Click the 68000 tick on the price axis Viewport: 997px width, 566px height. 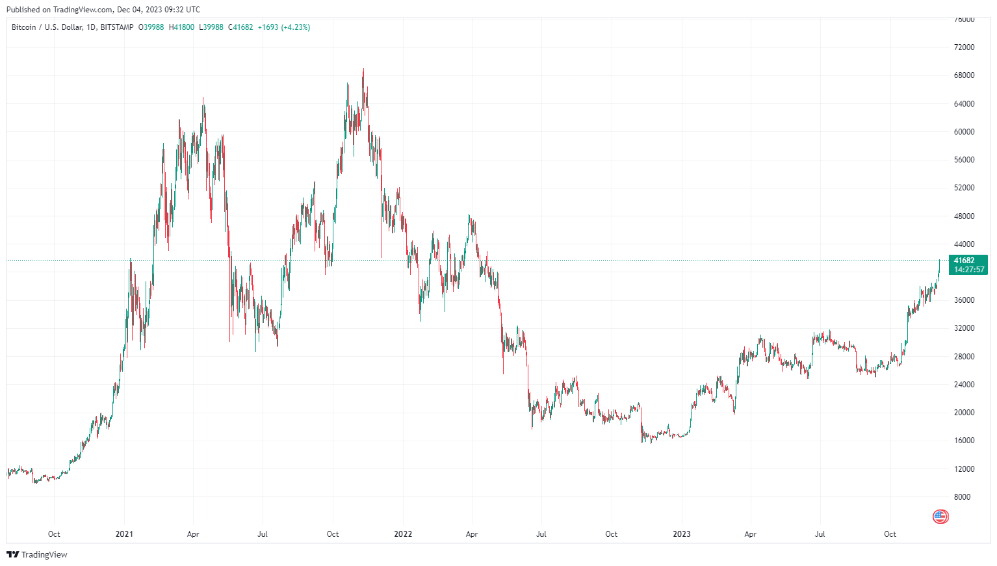pyautogui.click(x=964, y=75)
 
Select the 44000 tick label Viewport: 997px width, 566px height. pyautogui.click(x=964, y=244)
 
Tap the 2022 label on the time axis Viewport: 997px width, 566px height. pyautogui.click(x=403, y=534)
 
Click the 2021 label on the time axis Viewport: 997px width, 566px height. pyautogui.click(x=124, y=534)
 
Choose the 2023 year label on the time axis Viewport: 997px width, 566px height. pyautogui.click(x=681, y=534)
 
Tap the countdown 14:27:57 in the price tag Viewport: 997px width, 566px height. pyautogui.click(x=969, y=270)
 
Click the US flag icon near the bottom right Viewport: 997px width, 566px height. pyautogui.click(x=940, y=517)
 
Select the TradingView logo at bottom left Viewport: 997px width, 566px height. pyautogui.click(x=37, y=554)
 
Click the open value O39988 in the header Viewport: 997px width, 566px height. pyautogui.click(x=151, y=27)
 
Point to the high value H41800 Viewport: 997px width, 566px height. pyautogui.click(x=181, y=27)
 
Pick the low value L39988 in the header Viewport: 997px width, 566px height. pyautogui.click(x=211, y=27)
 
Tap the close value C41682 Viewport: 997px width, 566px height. pyautogui.click(x=240, y=27)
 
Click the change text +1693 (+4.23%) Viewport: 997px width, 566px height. pyautogui.click(x=284, y=27)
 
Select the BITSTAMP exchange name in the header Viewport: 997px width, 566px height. pyautogui.click(x=117, y=27)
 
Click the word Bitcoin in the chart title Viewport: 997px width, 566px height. pyautogui.click(x=24, y=27)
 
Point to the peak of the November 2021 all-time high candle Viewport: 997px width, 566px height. pyautogui.click(x=363, y=69)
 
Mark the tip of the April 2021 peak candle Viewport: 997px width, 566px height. pyautogui.click(x=203, y=97)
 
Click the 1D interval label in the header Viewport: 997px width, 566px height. pyautogui.click(x=91, y=27)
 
